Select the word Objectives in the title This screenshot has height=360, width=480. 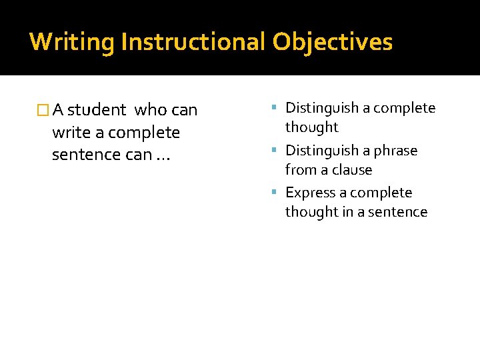[x=332, y=42]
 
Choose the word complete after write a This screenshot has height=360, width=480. [x=144, y=133]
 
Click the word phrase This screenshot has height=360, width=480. [x=395, y=151]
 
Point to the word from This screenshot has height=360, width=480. [x=300, y=170]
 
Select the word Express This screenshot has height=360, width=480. [x=309, y=193]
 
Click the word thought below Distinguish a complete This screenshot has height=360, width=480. [x=312, y=127]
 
